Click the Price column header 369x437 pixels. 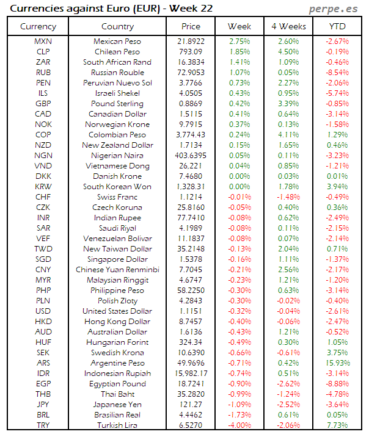click(x=191, y=26)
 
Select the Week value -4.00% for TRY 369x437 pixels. click(x=239, y=425)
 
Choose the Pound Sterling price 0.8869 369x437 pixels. click(x=191, y=104)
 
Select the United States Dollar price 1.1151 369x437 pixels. click(x=191, y=311)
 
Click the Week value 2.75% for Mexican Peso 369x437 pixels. click(x=239, y=42)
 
